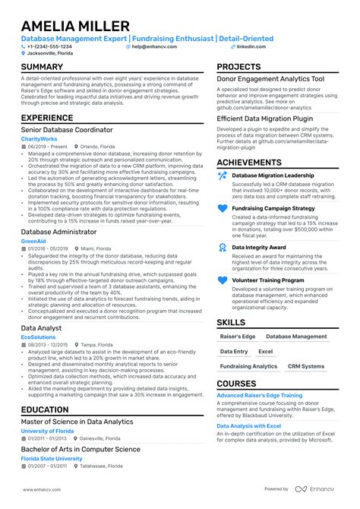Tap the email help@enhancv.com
tap(154, 46)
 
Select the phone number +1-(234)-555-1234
tap(52, 46)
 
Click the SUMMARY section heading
tap(43, 67)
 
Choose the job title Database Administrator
tap(59, 232)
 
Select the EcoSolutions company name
tap(38, 336)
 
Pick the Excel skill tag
tap(265, 352)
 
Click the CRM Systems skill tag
tap(305, 366)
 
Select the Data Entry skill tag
tap(234, 352)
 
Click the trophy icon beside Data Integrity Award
tap(223, 248)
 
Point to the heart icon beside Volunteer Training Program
tap(223, 280)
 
